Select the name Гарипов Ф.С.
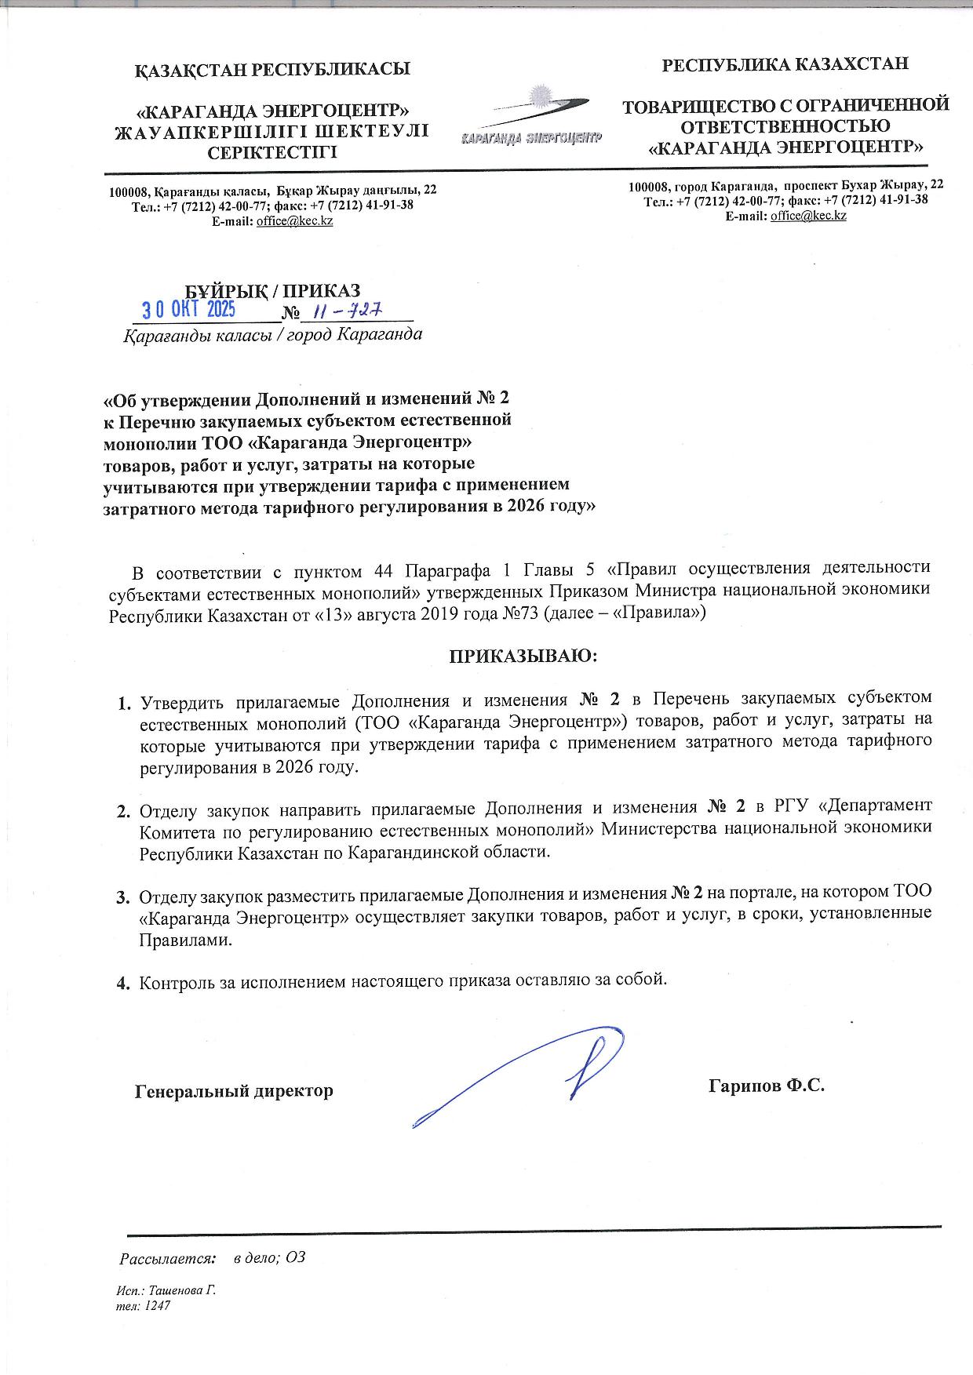[767, 1086]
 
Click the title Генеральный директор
[234, 1091]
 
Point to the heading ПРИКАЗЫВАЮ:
[523, 655]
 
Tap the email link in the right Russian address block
[808, 216]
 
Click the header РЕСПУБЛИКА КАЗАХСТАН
[785, 64]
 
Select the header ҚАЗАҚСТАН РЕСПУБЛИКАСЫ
[273, 69]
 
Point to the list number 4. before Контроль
[123, 981]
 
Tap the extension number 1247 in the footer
[157, 1306]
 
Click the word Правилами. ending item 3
[186, 941]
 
